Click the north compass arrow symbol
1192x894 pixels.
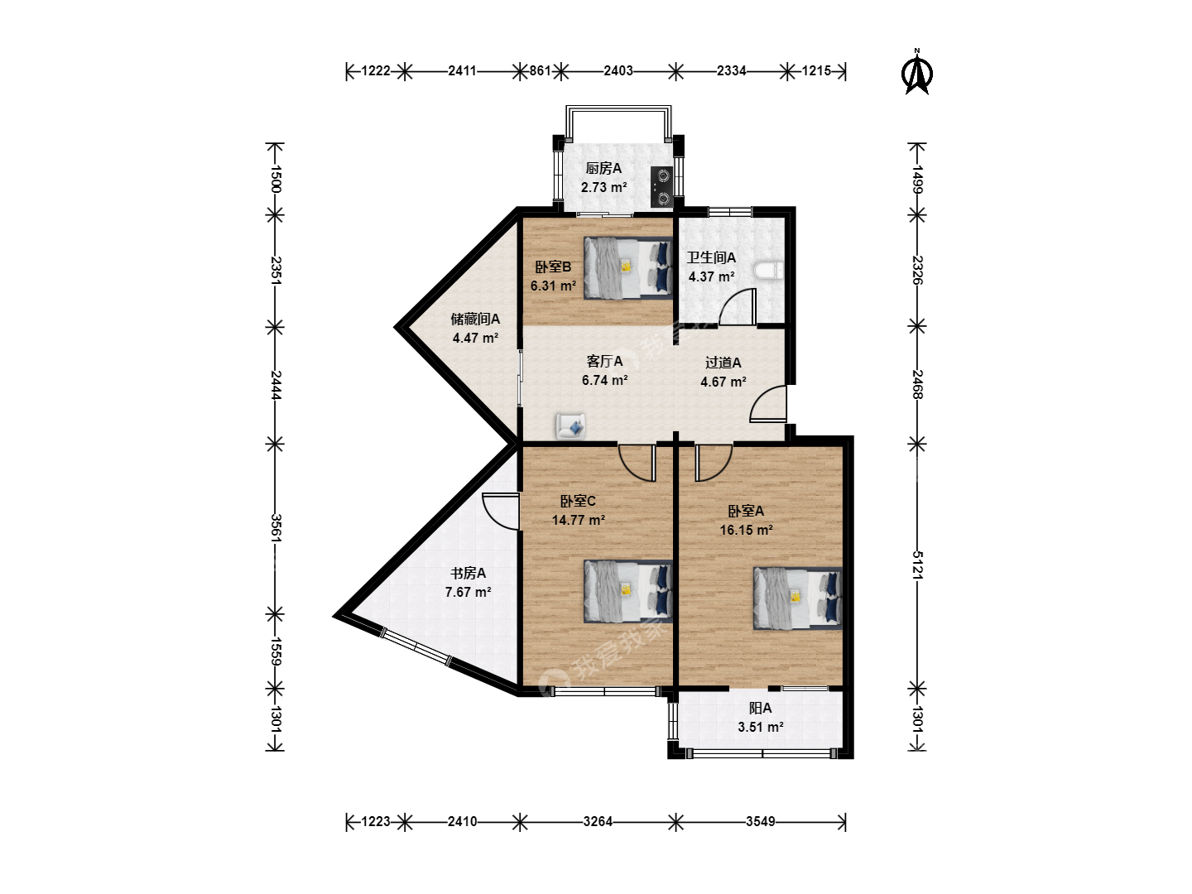(916, 74)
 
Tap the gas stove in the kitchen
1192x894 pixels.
(662, 187)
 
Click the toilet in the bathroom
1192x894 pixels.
(768, 271)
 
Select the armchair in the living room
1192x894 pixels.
(570, 426)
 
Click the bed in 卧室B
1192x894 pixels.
(627, 268)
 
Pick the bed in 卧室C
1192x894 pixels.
(627, 592)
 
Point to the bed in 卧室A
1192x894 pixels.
(797, 598)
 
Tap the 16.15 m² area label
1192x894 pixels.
(746, 530)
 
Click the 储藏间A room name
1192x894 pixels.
(475, 320)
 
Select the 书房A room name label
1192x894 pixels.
(469, 573)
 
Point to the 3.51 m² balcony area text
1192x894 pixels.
(760, 727)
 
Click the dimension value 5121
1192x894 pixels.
(917, 565)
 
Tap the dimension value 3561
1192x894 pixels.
(275, 528)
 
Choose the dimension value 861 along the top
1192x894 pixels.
(540, 70)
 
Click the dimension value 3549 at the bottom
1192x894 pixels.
(760, 822)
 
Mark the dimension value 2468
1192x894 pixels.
(917, 384)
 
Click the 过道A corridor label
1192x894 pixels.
(723, 363)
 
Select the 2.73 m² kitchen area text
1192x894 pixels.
(604, 187)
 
